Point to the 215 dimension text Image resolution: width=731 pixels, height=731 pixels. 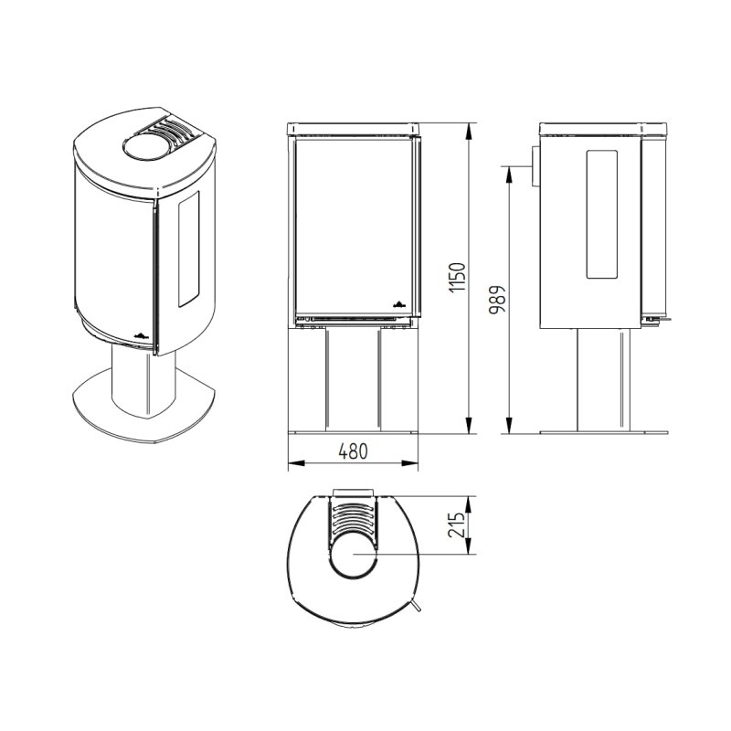[x=460, y=525]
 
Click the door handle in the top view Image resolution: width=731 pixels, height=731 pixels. [x=416, y=608]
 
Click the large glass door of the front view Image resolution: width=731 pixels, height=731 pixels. [x=354, y=224]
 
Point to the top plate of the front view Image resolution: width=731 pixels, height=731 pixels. [x=354, y=127]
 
